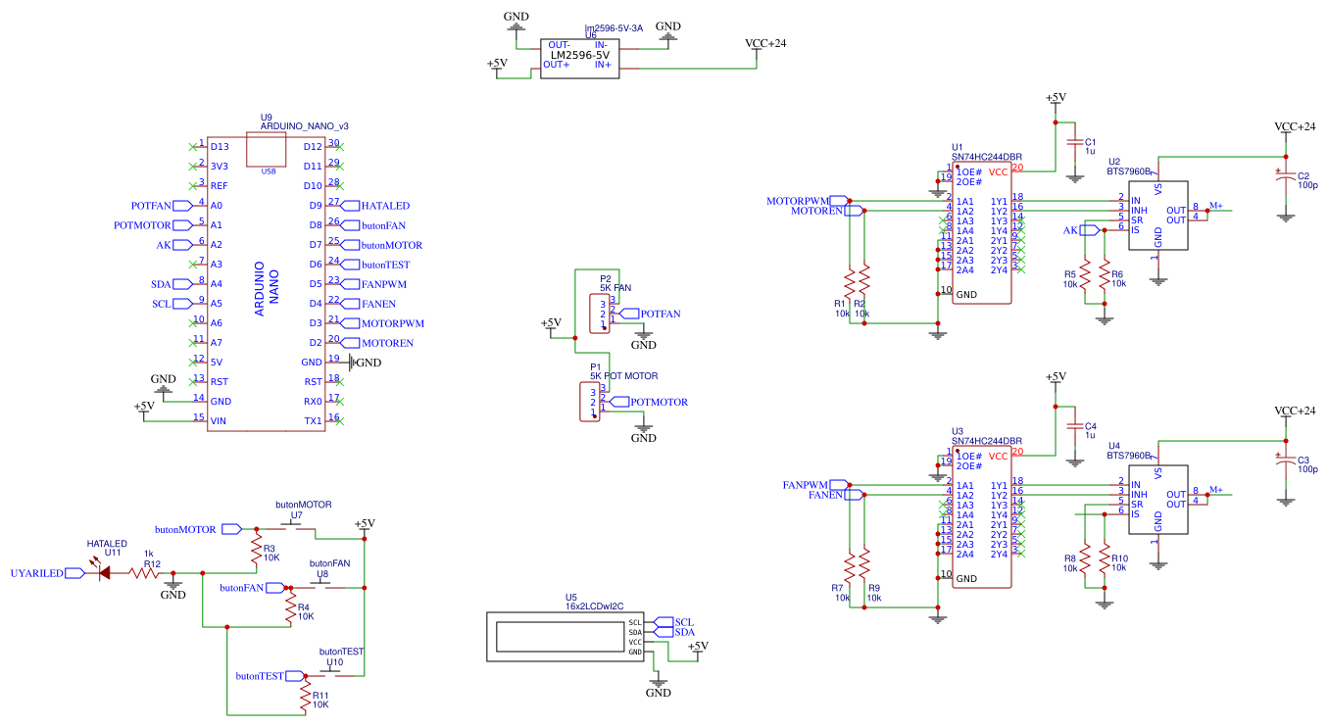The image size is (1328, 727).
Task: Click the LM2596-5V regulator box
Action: [579, 58]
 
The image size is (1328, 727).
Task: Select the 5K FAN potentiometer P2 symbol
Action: [600, 313]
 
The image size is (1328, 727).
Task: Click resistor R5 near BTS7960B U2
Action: [1086, 278]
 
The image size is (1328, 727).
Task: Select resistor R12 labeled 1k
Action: [148, 574]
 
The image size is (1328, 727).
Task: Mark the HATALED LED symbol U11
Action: [103, 574]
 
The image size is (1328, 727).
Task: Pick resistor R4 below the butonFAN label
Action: [288, 609]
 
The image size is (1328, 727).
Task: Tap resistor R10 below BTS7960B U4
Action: [1106, 562]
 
